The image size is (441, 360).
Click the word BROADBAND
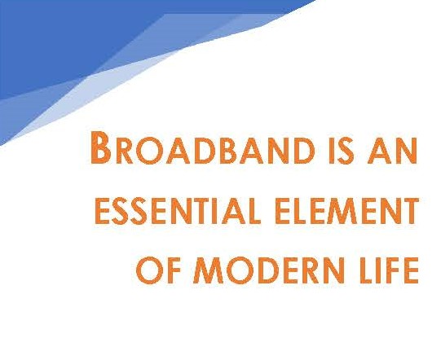point(203,147)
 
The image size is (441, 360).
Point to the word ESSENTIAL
point(178,211)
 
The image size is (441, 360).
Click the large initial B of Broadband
point(100,147)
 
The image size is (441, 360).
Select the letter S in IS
point(345,151)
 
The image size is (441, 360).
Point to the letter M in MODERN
point(208,270)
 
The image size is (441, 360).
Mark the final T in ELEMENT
point(409,211)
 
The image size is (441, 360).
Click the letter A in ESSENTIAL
point(234,211)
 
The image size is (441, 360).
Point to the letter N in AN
point(406,151)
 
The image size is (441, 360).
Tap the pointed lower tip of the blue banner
point(2,145)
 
